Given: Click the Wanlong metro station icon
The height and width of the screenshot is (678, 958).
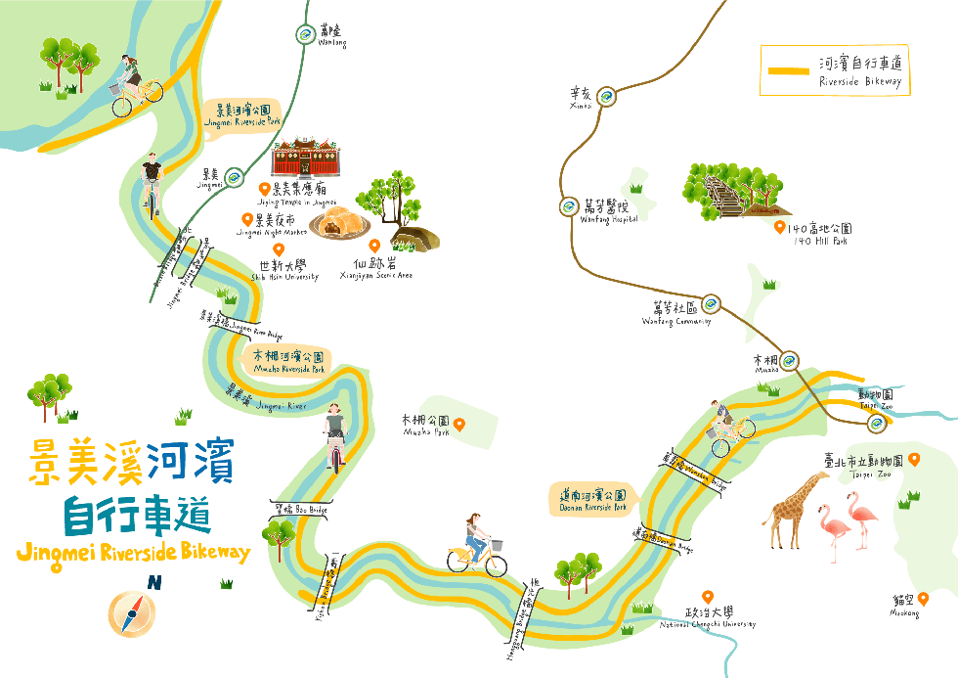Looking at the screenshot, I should [305, 35].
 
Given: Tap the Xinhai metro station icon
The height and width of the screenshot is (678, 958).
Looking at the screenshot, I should [607, 96].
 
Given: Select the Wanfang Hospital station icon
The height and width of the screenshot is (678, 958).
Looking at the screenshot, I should [569, 206].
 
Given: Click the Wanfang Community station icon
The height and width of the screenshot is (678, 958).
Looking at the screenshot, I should [711, 303].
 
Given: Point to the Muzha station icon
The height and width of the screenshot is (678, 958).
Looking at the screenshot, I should [790, 359].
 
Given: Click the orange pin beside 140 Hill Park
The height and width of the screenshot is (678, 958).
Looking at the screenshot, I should [779, 227].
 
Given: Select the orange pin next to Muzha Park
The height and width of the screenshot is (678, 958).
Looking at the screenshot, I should [457, 424].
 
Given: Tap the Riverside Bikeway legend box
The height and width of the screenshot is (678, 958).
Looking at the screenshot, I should [835, 69].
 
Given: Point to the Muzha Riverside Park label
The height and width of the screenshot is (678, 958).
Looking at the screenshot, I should [288, 362].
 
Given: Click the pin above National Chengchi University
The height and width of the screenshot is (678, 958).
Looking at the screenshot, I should [707, 597].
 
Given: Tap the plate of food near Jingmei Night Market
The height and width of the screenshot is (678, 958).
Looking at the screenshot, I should [337, 224].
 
